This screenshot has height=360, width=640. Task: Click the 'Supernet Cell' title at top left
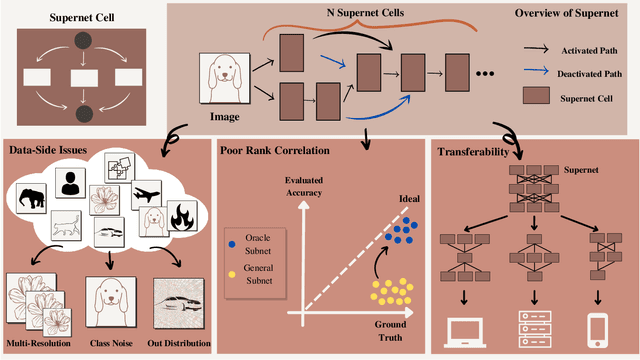tap(65, 18)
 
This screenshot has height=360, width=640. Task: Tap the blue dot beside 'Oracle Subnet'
tap(231, 243)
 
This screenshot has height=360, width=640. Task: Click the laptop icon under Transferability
tap(462, 326)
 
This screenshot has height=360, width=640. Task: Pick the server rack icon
tap(530, 325)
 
